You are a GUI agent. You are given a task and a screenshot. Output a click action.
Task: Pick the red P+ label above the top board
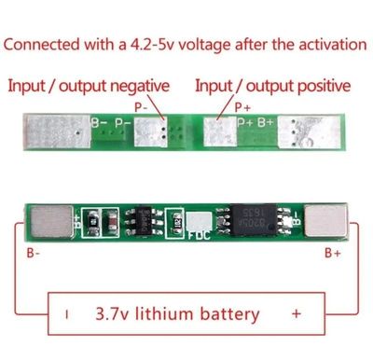click(x=242, y=107)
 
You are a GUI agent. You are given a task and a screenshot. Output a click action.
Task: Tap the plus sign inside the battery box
click(x=296, y=313)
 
